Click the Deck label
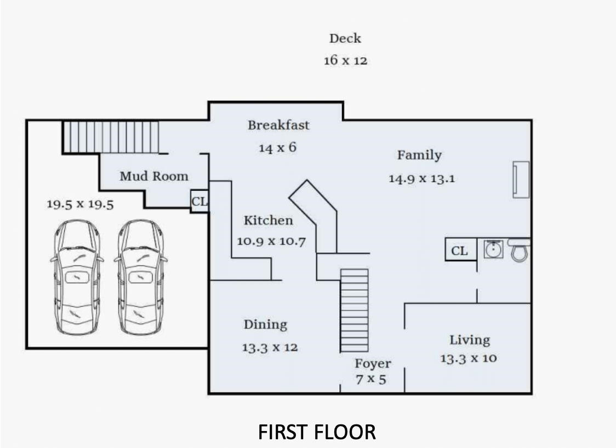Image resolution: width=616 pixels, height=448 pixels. click(345, 38)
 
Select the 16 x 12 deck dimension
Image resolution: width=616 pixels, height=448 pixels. click(345, 60)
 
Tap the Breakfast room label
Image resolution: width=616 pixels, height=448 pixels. click(278, 125)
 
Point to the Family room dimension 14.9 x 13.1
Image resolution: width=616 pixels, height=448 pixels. click(421, 179)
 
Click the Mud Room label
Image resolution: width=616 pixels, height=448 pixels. click(154, 176)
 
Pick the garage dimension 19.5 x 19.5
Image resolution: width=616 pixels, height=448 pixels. click(80, 204)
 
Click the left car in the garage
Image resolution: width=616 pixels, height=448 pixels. click(77, 277)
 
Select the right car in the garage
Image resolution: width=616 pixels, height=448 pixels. click(141, 277)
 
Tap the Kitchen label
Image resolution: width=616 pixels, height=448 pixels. click(269, 220)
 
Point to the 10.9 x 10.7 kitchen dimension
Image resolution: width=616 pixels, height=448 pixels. click(271, 241)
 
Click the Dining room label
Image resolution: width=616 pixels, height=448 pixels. click(266, 325)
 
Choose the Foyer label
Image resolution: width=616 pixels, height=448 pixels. click(373, 364)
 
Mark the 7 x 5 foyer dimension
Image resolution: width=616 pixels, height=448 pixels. click(371, 380)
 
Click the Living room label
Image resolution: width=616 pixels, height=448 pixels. click(470, 340)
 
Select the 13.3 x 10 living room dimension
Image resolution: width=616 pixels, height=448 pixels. click(468, 359)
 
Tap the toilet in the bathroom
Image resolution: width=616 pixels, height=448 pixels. click(520, 250)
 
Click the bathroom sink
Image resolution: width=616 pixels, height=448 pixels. click(493, 249)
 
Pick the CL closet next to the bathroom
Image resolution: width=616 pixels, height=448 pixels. click(460, 250)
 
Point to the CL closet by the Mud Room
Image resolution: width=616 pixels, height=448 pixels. click(199, 202)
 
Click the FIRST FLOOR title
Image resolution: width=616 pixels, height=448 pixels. click(317, 432)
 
